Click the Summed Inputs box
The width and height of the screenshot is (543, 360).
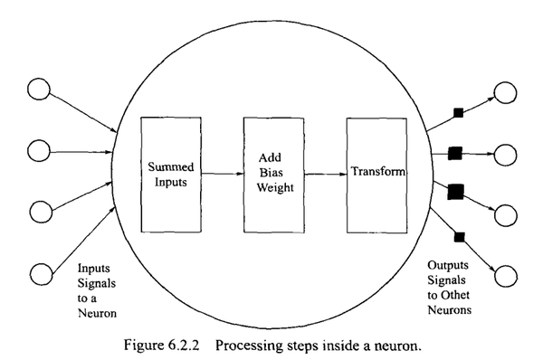[x=169, y=172]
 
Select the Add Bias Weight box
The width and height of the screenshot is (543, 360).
[x=272, y=172]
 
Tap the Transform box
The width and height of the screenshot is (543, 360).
[x=376, y=172]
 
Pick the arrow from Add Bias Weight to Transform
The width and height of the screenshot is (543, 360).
[x=324, y=172]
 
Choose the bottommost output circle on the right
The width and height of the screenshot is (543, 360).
[x=504, y=277]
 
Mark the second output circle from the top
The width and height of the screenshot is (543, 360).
[x=504, y=155]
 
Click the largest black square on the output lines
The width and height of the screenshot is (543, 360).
[x=455, y=190]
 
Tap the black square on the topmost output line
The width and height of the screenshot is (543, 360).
[x=458, y=112]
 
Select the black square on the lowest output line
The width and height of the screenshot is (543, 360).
[x=458, y=237]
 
